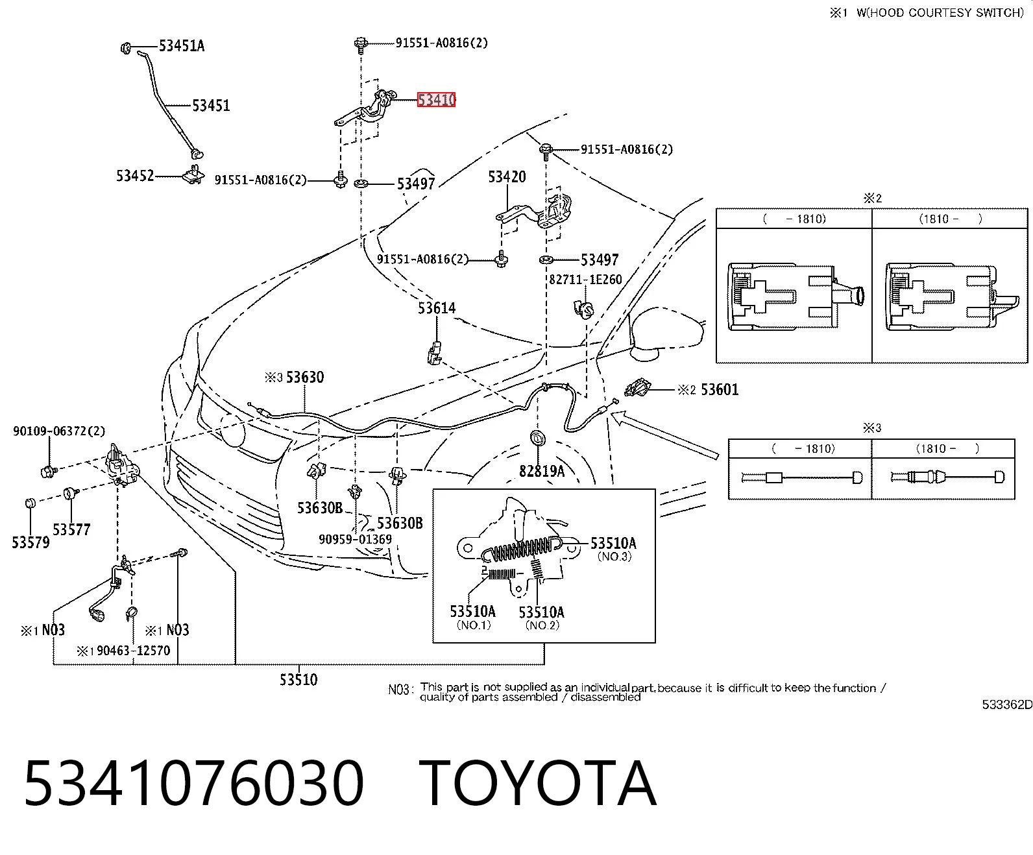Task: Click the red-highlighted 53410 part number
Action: [x=436, y=100]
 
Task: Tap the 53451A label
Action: [x=181, y=46]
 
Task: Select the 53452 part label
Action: [x=135, y=176]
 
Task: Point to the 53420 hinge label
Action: [x=507, y=176]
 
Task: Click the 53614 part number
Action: [x=436, y=308]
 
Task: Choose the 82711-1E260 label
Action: [x=585, y=280]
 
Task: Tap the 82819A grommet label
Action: [x=542, y=471]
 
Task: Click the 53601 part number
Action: [x=720, y=390]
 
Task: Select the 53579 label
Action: [x=30, y=542]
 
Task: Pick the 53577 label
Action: [x=71, y=530]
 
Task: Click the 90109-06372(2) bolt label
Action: [x=59, y=431]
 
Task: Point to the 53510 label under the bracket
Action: [x=298, y=680]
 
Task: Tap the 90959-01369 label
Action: [x=355, y=539]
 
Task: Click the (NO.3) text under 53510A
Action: [x=614, y=557]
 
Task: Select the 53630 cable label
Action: [x=305, y=378]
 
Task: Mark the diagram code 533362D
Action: [x=1007, y=704]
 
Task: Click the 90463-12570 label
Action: [x=133, y=651]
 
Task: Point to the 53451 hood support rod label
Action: [x=211, y=105]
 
